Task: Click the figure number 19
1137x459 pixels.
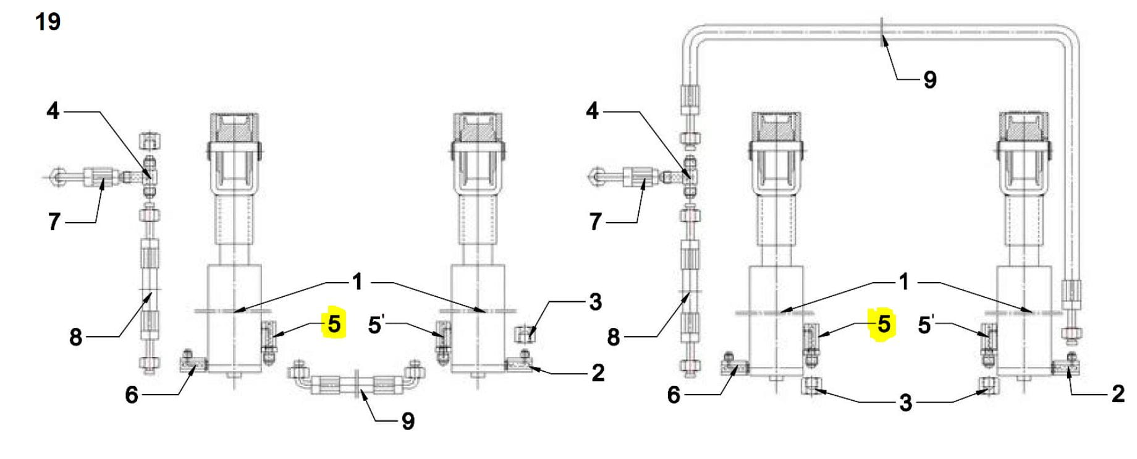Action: point(48,22)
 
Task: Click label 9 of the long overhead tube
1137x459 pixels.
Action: point(929,80)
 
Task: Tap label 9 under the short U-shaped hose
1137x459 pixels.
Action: point(408,421)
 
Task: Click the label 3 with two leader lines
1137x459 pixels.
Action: point(905,403)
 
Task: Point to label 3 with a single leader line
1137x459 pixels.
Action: point(595,302)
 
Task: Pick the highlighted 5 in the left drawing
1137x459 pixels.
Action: point(334,324)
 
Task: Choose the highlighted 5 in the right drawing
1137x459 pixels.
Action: point(884,324)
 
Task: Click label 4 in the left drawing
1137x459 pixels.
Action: point(53,111)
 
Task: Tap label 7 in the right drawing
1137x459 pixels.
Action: point(595,221)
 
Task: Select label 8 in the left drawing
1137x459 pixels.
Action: point(75,337)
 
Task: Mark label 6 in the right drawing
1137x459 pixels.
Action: point(674,395)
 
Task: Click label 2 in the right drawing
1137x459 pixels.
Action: point(1118,394)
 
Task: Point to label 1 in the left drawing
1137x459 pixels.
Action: point(357,282)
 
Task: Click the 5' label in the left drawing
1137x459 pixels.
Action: point(376,324)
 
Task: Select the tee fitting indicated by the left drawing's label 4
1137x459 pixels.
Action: point(149,176)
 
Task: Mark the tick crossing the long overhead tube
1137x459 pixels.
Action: point(882,32)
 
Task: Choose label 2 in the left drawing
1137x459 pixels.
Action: point(598,373)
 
